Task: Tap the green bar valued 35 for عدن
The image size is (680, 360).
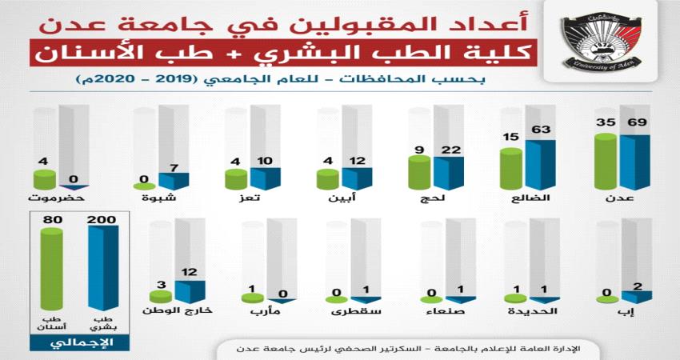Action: tap(607, 162)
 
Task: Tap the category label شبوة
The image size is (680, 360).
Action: tap(160, 198)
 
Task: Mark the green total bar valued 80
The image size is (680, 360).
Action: tap(51, 272)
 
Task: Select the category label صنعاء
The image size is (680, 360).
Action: tap(445, 312)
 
